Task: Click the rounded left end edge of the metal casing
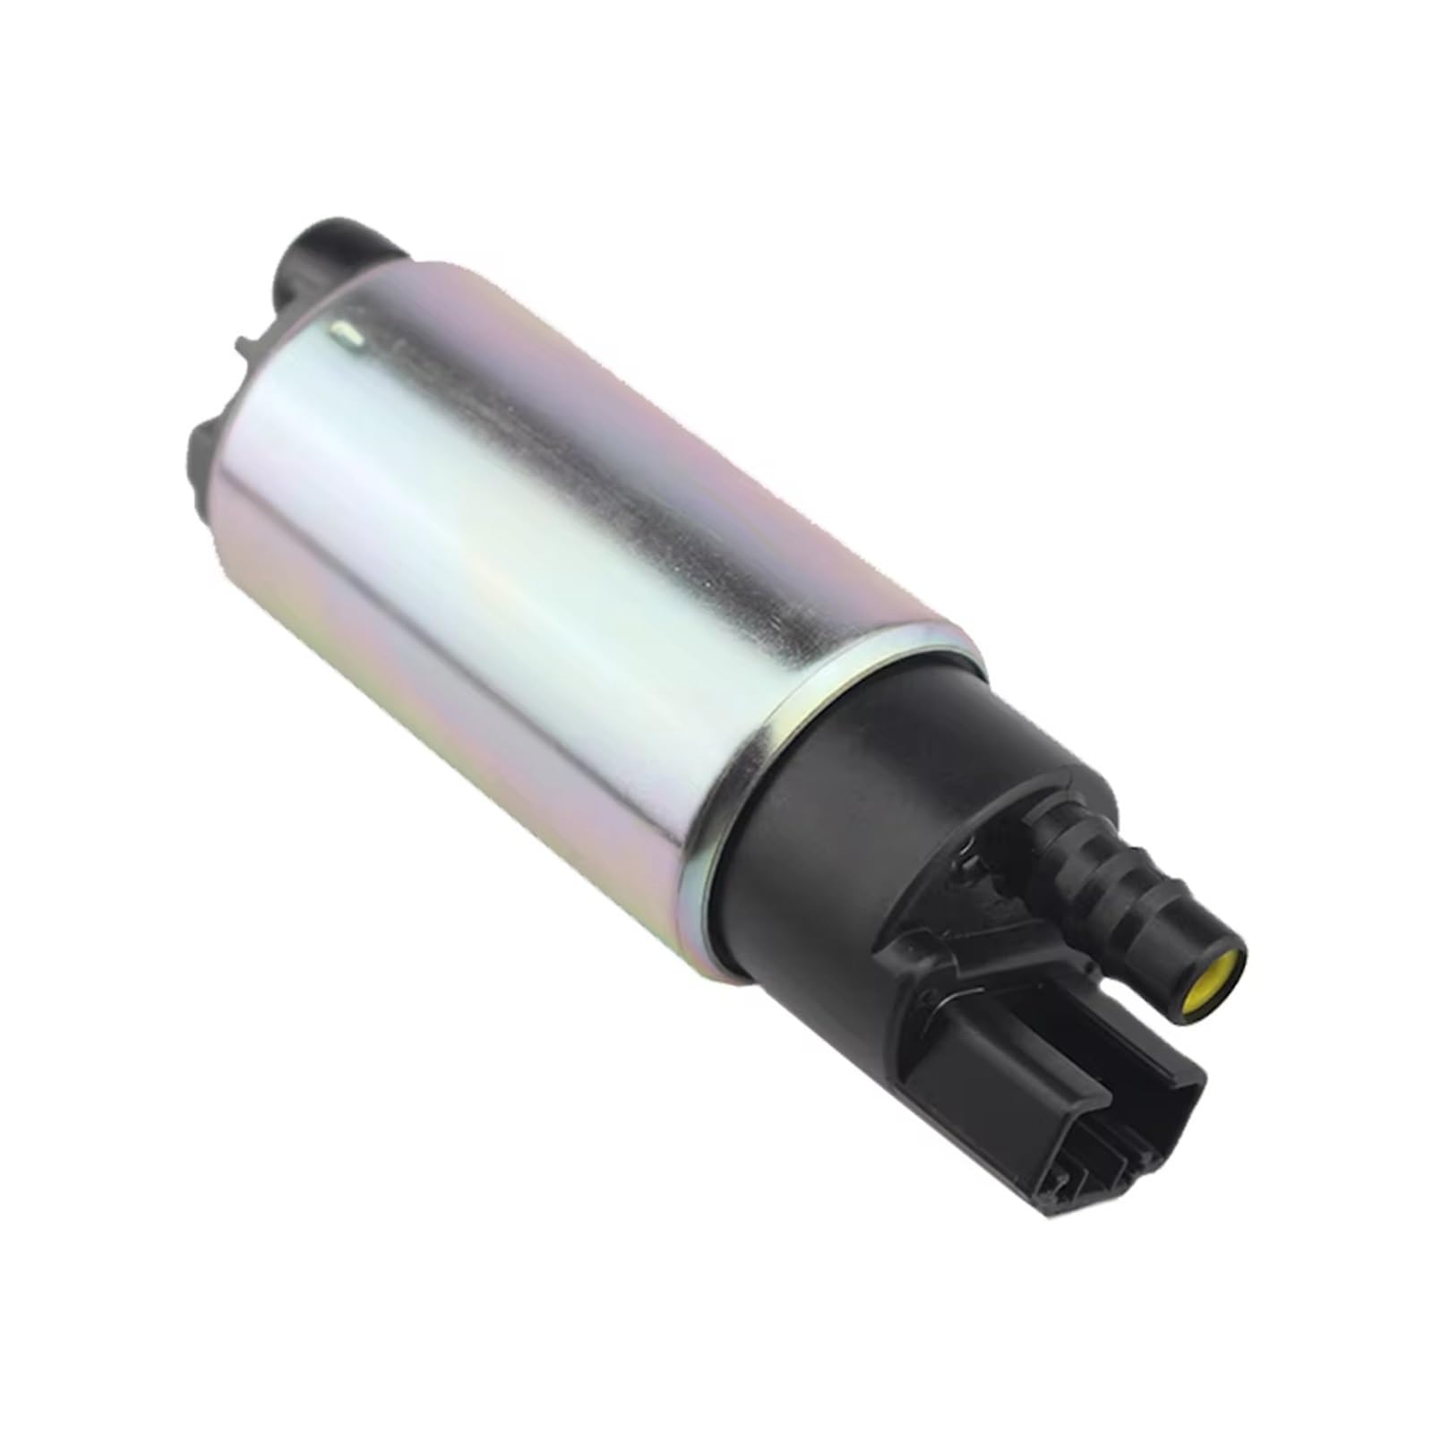pyautogui.click(x=233, y=484)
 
